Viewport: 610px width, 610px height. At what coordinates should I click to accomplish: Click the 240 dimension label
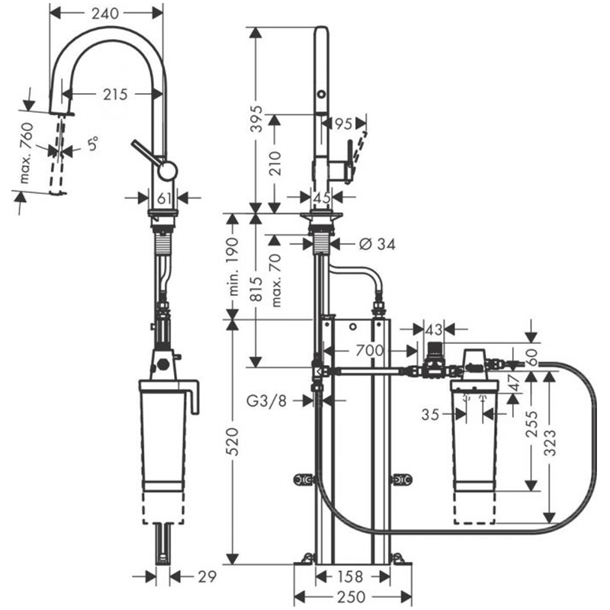click(x=105, y=13)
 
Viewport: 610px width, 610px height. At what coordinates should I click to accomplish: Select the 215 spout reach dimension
click(x=116, y=94)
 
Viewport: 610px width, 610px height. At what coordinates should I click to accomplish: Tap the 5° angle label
click(x=92, y=143)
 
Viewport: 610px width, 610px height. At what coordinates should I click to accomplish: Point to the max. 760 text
click(x=27, y=153)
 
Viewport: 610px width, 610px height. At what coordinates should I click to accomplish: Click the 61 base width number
click(x=164, y=198)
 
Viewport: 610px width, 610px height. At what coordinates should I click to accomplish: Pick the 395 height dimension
click(x=256, y=118)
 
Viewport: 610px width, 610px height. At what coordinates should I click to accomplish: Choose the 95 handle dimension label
click(x=343, y=124)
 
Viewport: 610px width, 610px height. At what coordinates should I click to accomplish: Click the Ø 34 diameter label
click(x=377, y=244)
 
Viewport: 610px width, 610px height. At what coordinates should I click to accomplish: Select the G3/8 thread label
click(x=266, y=400)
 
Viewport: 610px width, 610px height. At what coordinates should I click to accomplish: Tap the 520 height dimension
click(x=233, y=441)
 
